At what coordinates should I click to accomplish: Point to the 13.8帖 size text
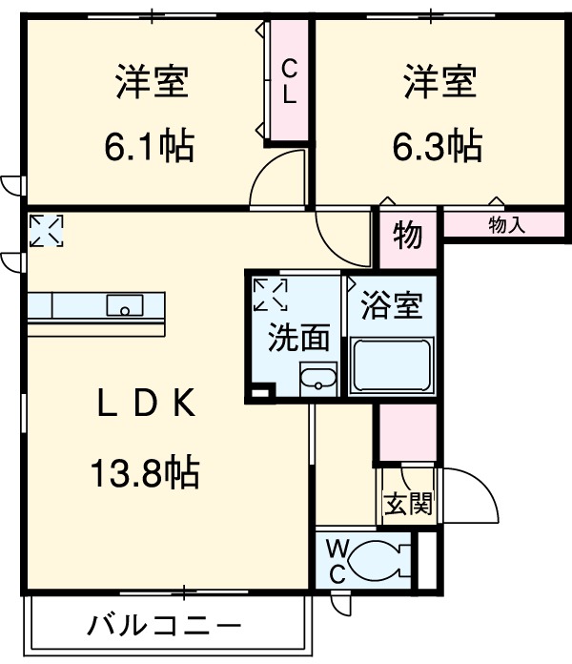tap(145, 471)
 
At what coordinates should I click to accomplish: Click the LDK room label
tap(147, 403)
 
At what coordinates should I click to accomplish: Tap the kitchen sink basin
tap(124, 305)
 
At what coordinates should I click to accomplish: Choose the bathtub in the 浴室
tap(392, 365)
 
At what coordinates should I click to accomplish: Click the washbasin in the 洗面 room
tap(318, 379)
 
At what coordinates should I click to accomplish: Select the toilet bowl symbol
tap(380, 560)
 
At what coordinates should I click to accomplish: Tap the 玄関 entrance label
tap(408, 504)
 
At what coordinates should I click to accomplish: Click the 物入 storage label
tap(506, 224)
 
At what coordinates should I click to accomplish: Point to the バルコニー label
tap(164, 626)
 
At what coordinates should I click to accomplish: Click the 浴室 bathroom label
tap(392, 305)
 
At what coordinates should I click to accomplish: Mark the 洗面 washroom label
tap(298, 337)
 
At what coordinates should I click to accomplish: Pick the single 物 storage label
tap(407, 236)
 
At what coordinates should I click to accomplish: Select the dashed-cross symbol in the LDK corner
tap(46, 230)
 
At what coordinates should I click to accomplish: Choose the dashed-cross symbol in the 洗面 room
tap(271, 294)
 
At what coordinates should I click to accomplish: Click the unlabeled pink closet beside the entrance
tap(408, 432)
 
